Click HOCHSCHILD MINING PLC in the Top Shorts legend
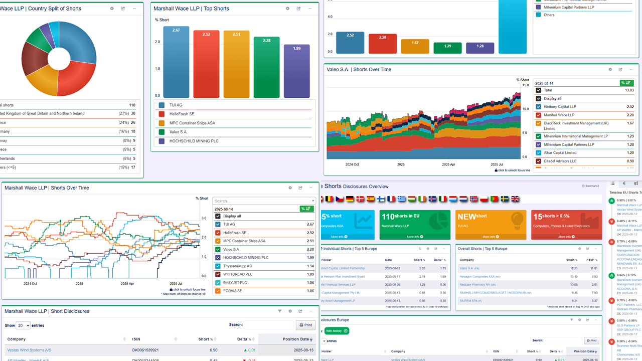(194, 141)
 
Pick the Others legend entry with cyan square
(549, 15)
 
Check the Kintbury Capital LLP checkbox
(539, 107)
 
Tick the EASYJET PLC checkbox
(218, 283)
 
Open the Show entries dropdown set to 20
(23, 325)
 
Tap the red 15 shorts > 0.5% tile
(566, 225)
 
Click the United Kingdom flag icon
(515, 199)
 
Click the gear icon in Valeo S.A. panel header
(610, 70)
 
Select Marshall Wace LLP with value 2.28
(559, 115)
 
